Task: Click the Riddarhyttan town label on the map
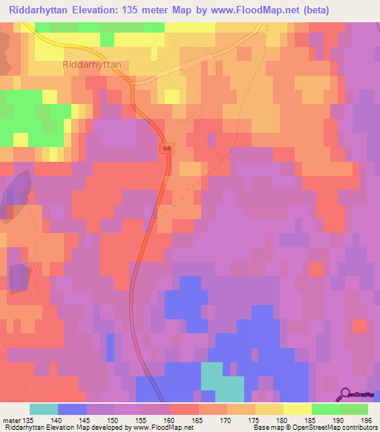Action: pyautogui.click(x=93, y=65)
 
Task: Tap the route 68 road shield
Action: pyautogui.click(x=169, y=149)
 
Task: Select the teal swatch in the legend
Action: pyautogui.click(x=44, y=409)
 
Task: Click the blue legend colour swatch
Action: pyautogui.click(x=72, y=409)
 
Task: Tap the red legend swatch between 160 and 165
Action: pyautogui.click(x=185, y=409)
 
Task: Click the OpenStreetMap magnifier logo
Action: pyautogui.click(x=345, y=394)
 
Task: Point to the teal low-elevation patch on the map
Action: pyautogui.click(x=223, y=382)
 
